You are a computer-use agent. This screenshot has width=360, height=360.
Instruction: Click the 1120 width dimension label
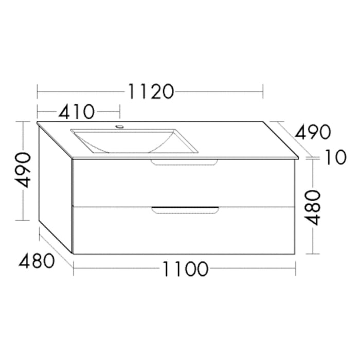pyautogui.click(x=150, y=92)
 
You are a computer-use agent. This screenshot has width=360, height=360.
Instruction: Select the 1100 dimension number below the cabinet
pyautogui.click(x=186, y=269)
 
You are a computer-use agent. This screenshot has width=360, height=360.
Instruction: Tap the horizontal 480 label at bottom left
pyautogui.click(x=37, y=261)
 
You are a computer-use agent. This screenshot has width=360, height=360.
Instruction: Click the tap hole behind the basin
pyautogui.click(x=120, y=126)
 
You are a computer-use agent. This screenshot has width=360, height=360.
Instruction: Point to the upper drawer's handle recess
pyautogui.click(x=184, y=163)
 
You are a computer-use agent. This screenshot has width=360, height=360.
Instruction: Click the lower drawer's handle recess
pyautogui.click(x=185, y=209)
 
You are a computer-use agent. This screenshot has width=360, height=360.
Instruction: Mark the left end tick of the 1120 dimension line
pyautogui.click(x=38, y=92)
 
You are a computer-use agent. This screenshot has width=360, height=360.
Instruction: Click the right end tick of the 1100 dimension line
pyautogui.click(x=296, y=268)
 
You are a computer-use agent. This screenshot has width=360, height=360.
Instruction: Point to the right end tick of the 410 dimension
pyautogui.click(x=120, y=111)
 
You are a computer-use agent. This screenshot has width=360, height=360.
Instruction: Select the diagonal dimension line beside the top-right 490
pyautogui.click(x=291, y=139)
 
